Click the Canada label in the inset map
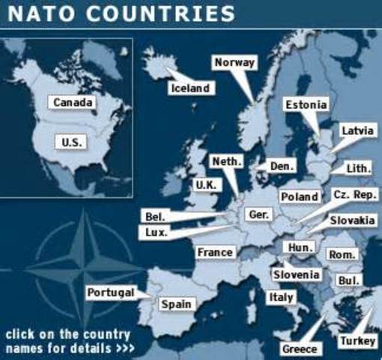point(73,102)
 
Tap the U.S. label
point(73,141)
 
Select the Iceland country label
point(190,88)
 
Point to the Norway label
point(234,63)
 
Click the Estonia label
point(306,105)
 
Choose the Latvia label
point(357,130)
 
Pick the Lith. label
point(357,169)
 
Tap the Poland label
point(299,196)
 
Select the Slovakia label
point(352,220)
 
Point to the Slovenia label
point(296,274)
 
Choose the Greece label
point(300,349)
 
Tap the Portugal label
point(110,292)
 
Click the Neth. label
point(225,161)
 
